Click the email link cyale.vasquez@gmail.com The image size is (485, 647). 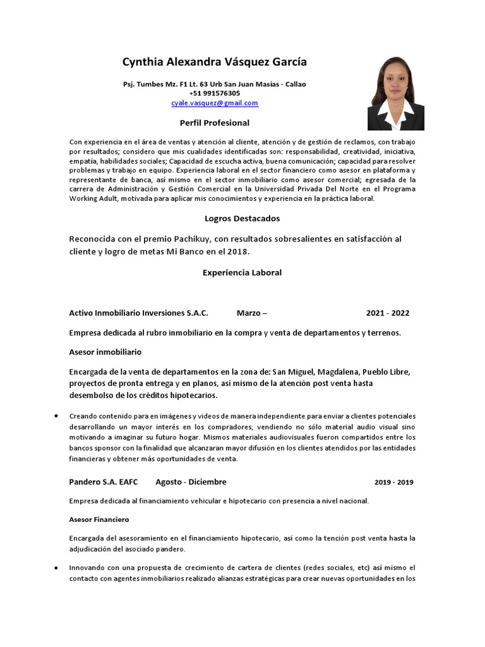coord(214,103)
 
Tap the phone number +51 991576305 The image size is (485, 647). coord(214,94)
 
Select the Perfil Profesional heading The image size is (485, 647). coord(215,123)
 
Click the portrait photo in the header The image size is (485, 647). coord(395,94)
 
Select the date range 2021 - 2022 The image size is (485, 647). coord(388,313)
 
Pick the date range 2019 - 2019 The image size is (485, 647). coord(393,482)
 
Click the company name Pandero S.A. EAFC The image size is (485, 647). coord(103,482)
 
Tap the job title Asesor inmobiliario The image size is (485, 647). coord(105,351)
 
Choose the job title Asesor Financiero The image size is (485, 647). coord(99,519)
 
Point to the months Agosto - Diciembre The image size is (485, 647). coord(191,482)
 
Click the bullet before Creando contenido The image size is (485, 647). coord(57,416)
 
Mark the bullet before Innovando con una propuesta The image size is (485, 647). coord(57,567)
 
